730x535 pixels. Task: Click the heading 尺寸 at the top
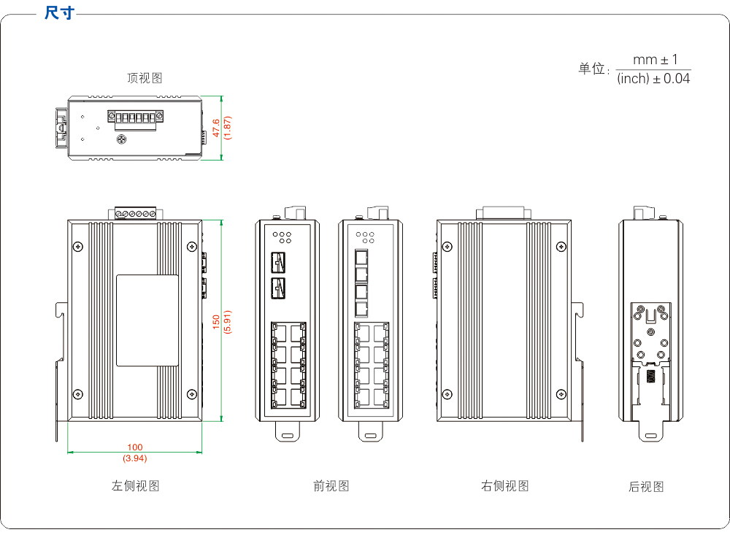[x=58, y=13]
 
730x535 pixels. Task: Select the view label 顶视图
[x=145, y=78]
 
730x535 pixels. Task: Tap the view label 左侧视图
[x=135, y=485]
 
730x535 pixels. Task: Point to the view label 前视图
[x=331, y=485]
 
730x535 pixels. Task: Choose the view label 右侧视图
[x=504, y=485]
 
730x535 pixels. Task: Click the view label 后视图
[x=646, y=486]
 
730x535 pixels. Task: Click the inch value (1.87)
[x=228, y=128]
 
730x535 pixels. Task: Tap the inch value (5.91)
[x=228, y=322]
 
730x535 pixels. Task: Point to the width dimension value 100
[x=135, y=447]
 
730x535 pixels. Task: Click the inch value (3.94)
[x=135, y=458]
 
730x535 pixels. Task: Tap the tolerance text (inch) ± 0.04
[x=653, y=78]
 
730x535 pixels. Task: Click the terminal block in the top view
[x=135, y=118]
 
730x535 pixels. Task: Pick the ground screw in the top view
[x=122, y=139]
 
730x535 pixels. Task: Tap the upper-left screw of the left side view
[x=78, y=246]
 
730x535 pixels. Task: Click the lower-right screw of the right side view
[x=560, y=393]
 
